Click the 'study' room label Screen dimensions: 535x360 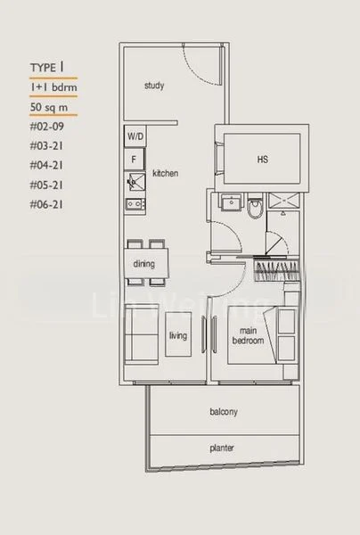point(158,86)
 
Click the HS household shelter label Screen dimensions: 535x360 point(262,160)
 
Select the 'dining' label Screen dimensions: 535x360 point(144,265)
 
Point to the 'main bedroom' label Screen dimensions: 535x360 point(245,335)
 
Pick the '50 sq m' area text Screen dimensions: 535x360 point(47,110)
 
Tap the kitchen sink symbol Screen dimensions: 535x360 point(135,184)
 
